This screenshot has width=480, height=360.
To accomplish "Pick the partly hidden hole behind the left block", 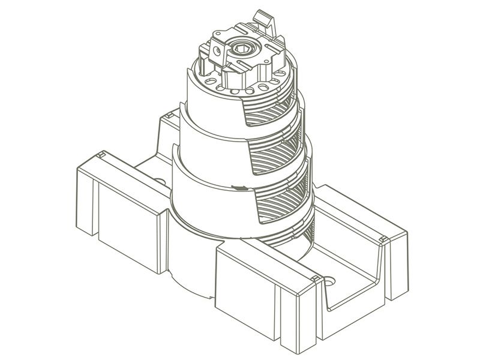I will [x=160, y=180].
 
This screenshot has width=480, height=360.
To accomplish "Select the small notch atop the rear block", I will [x=171, y=113].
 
